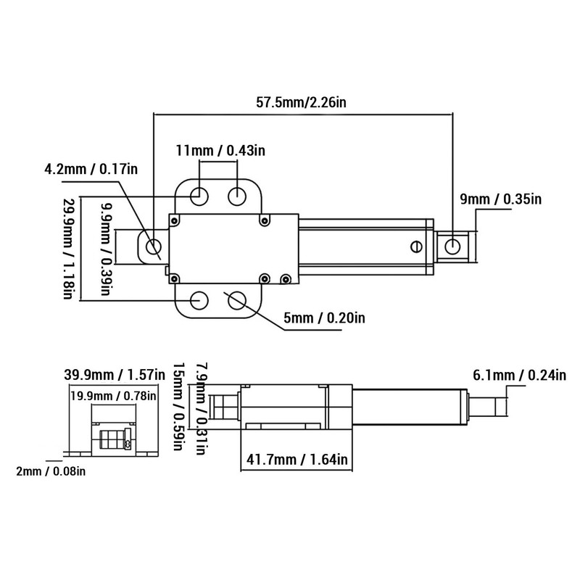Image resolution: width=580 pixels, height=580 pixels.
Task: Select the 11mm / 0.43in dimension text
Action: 221,150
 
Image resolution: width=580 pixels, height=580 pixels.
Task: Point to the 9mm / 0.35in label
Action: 511,199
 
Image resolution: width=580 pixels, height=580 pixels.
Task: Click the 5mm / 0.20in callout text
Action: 325,318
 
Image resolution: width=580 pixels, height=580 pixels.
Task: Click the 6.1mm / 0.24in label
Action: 518,376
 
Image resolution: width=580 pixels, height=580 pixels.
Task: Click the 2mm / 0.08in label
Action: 51,472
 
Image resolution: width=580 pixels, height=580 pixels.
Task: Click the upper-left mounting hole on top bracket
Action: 201,196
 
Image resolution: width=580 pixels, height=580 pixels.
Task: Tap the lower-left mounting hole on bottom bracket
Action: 200,299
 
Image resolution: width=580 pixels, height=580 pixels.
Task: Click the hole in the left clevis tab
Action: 153,248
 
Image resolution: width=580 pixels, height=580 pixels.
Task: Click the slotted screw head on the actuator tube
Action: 416,246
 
